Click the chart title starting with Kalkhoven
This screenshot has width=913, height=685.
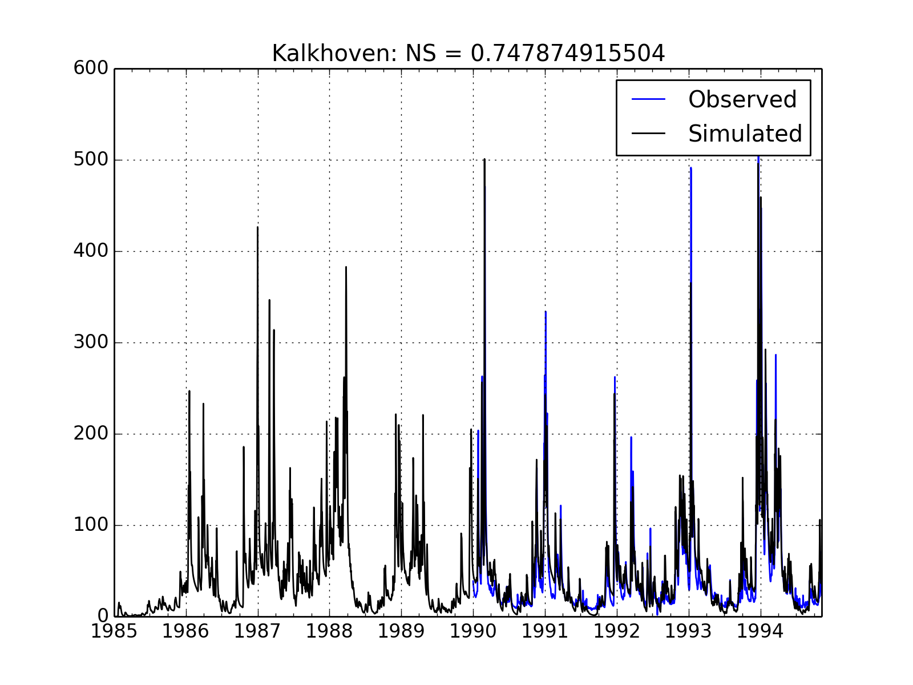(x=468, y=54)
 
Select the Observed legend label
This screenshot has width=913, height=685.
(x=742, y=99)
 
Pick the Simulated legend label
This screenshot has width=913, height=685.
(x=745, y=134)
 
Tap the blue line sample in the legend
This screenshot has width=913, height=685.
(x=649, y=99)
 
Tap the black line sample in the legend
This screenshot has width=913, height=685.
(x=649, y=134)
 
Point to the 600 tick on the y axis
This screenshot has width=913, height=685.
(x=91, y=68)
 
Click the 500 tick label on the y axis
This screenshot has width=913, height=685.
(x=91, y=160)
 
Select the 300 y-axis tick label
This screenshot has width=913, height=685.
(x=91, y=342)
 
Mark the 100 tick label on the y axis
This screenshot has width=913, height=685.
(x=91, y=525)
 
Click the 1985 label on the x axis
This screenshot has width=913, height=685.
(x=115, y=631)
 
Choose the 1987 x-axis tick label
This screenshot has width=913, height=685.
(x=258, y=631)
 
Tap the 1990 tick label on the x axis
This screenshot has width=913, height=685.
(x=473, y=631)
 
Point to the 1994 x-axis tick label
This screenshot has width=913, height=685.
(x=760, y=631)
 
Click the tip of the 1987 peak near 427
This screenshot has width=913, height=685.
(x=257, y=227)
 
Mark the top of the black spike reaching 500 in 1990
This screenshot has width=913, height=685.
(x=484, y=159)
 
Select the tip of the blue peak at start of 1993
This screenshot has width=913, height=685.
(x=690, y=168)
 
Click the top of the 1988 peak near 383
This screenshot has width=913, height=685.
(x=346, y=267)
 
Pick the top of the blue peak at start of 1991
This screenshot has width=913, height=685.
(x=546, y=312)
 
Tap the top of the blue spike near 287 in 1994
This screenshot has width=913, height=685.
(x=775, y=355)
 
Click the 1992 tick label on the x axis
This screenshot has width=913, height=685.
(x=616, y=631)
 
